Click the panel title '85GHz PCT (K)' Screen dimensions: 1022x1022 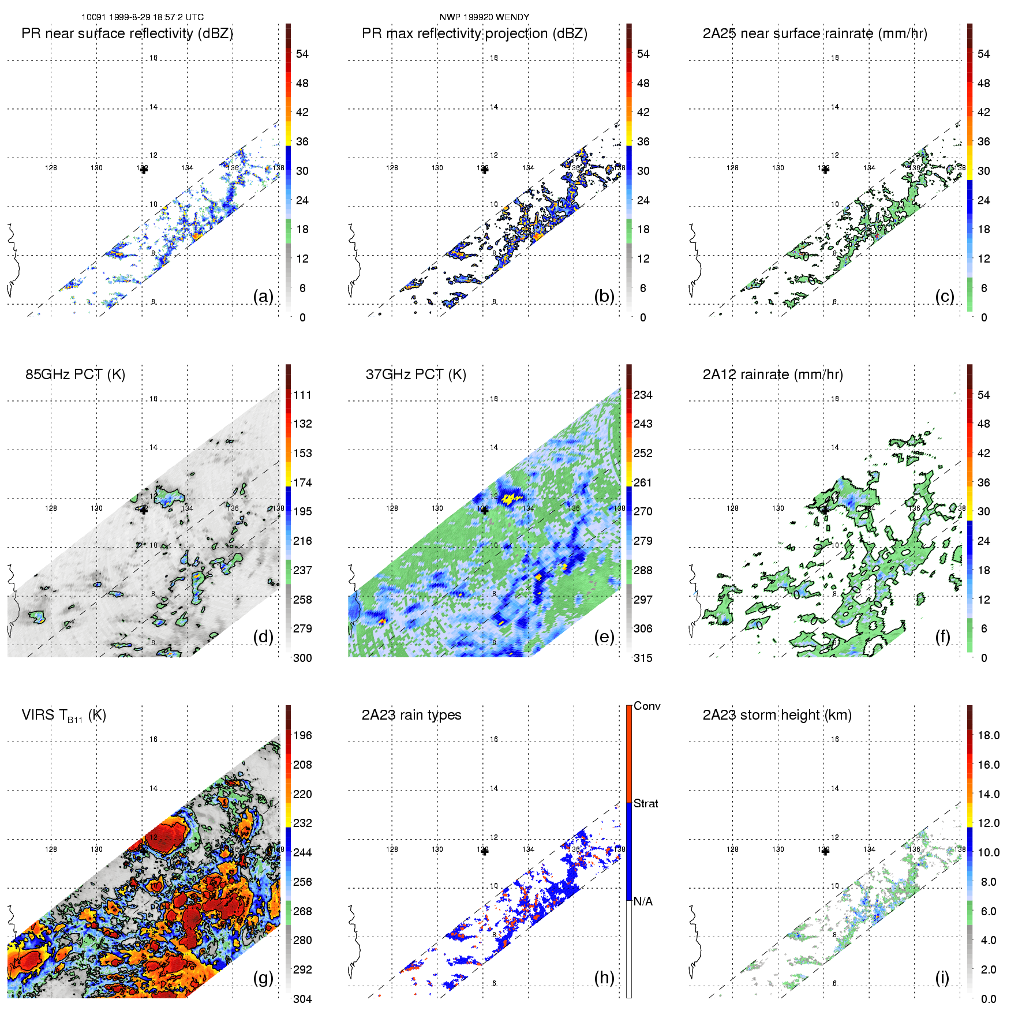pyautogui.click(x=75, y=375)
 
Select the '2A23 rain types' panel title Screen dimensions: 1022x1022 pyautogui.click(x=411, y=715)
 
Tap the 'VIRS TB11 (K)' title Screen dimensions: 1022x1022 pyautogui.click(x=63, y=716)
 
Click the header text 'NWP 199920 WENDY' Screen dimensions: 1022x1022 pyautogui.click(x=484, y=17)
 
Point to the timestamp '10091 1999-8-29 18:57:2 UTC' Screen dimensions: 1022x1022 pyautogui.click(x=142, y=17)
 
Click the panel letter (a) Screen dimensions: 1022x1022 pyautogui.click(x=263, y=297)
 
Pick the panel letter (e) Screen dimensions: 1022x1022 pyautogui.click(x=604, y=637)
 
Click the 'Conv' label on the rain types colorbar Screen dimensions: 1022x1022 pyautogui.click(x=647, y=706)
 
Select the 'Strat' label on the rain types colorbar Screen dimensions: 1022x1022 pyautogui.click(x=646, y=804)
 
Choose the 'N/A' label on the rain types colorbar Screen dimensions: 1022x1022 pyautogui.click(x=643, y=901)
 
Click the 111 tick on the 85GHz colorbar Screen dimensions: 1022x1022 pyautogui.click(x=302, y=395)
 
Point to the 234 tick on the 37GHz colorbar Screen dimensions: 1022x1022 pyautogui.click(x=643, y=395)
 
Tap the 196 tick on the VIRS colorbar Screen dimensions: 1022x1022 pyautogui.click(x=302, y=736)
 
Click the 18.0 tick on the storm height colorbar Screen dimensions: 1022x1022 pyautogui.click(x=988, y=736)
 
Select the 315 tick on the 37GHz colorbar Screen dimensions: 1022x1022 pyautogui.click(x=643, y=658)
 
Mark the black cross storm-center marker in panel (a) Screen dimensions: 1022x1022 pyautogui.click(x=144, y=170)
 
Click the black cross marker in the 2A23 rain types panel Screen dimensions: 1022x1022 pyautogui.click(x=485, y=851)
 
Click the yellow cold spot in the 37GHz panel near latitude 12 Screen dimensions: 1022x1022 pyautogui.click(x=510, y=497)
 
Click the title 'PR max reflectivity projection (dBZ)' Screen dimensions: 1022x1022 pyautogui.click(x=474, y=33)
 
